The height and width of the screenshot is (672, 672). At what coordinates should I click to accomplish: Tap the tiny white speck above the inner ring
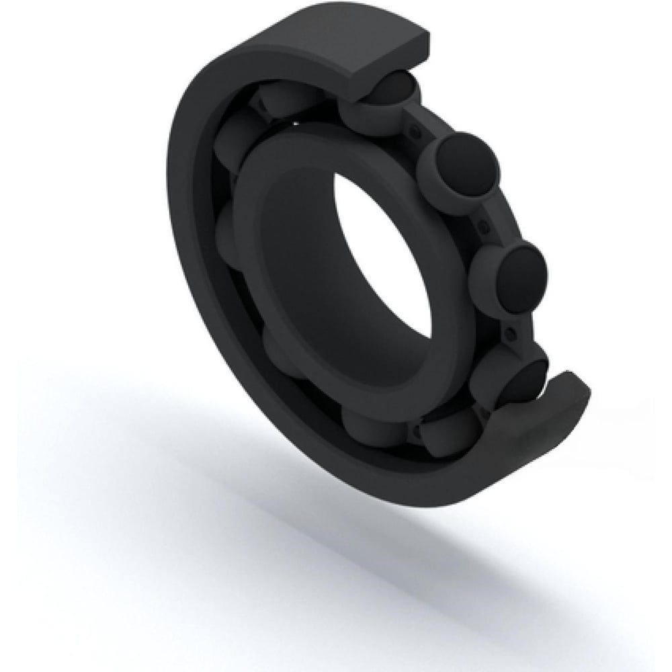pos(293,123)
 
